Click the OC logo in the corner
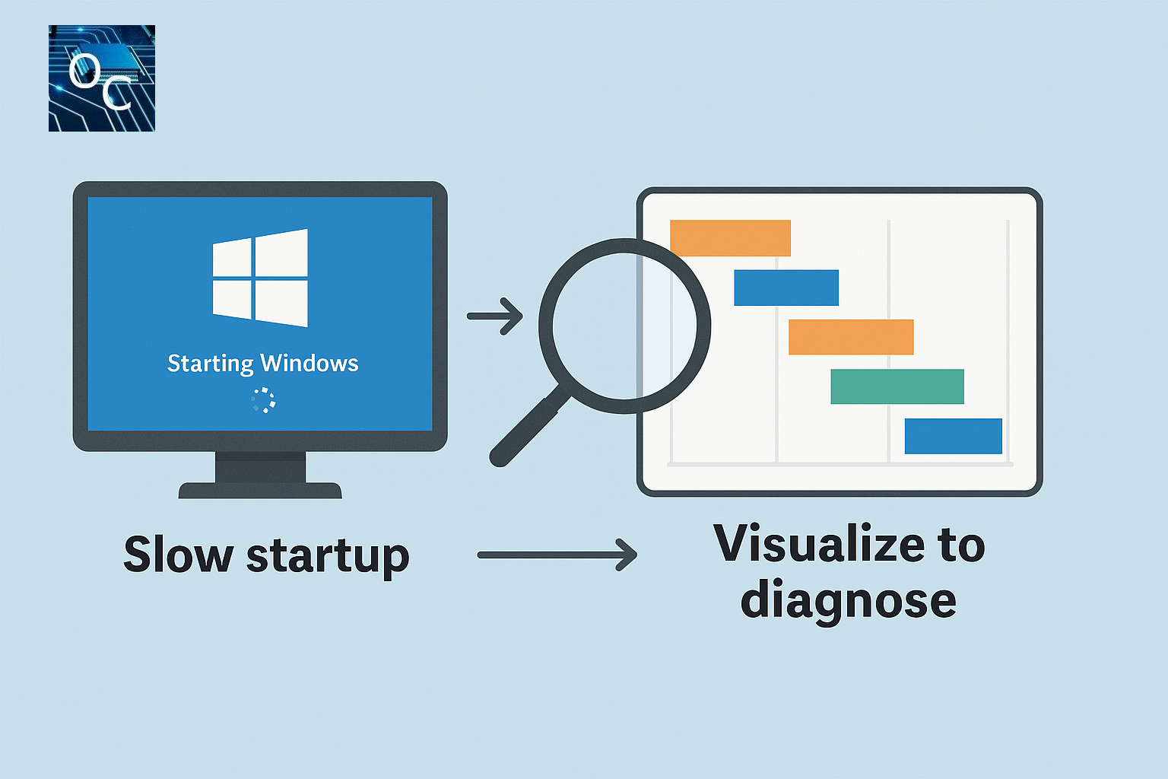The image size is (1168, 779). tap(102, 78)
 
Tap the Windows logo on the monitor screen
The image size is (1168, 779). tap(260, 278)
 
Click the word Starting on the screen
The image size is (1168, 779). tap(210, 364)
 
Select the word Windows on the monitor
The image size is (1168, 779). tap(309, 363)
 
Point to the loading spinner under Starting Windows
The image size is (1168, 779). tap(263, 400)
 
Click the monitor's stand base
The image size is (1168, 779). tap(260, 490)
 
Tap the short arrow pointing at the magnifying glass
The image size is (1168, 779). tap(495, 316)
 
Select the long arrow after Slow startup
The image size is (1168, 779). tap(557, 555)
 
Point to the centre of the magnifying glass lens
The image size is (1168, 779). tap(624, 326)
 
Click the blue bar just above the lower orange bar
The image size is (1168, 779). tap(786, 288)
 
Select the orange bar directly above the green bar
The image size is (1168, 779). tap(851, 337)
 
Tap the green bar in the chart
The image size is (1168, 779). tap(897, 386)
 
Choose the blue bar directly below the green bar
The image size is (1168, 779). tap(953, 436)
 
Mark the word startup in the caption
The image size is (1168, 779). tap(328, 557)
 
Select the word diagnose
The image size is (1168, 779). tap(848, 601)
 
